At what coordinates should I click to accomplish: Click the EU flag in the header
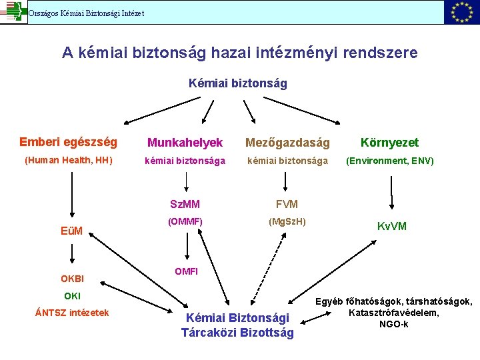point(461,12)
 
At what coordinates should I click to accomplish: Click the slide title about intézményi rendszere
point(240,52)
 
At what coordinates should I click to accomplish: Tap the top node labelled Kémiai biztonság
point(238,83)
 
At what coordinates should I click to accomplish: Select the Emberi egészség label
point(68,142)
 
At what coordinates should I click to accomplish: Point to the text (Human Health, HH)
point(68,161)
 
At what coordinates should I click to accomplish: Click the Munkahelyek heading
point(185,143)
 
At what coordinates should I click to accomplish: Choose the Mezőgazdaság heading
point(287,143)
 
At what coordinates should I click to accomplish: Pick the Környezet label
point(389,143)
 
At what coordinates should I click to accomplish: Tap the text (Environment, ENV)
point(389,161)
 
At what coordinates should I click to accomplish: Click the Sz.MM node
point(185,204)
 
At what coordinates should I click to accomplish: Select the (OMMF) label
point(185,221)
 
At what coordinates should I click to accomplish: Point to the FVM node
point(287,204)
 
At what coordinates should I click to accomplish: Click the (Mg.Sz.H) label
point(287,221)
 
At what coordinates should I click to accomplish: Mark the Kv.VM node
point(391,227)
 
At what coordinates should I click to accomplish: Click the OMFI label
point(186,271)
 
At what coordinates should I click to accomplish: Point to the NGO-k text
point(393,325)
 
